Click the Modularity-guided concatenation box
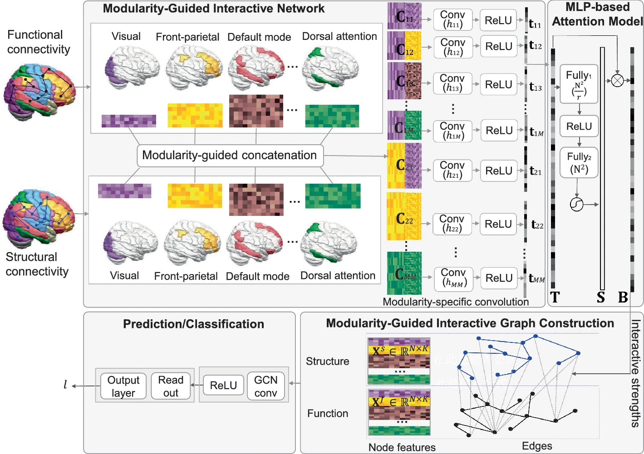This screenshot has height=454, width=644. click(x=230, y=156)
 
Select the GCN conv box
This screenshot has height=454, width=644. click(x=265, y=386)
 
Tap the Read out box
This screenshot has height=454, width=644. click(x=171, y=386)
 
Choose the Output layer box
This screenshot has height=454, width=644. click(x=123, y=386)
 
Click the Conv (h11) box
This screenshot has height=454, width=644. click(x=452, y=20)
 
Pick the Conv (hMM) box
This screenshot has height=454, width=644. click(x=453, y=278)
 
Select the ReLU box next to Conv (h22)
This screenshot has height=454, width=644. click(x=498, y=224)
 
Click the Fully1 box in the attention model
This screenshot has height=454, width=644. click(x=579, y=84)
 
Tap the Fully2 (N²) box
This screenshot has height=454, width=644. click(x=579, y=162)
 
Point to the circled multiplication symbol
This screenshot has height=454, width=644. click(x=617, y=81)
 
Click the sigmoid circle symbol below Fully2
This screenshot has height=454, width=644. click(x=576, y=205)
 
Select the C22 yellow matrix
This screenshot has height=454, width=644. click(x=404, y=216)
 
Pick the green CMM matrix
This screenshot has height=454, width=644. click(x=404, y=273)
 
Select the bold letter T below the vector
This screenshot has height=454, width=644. click(x=555, y=298)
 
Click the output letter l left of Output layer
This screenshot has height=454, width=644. click(x=65, y=385)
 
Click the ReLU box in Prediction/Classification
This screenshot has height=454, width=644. click(x=223, y=386)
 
